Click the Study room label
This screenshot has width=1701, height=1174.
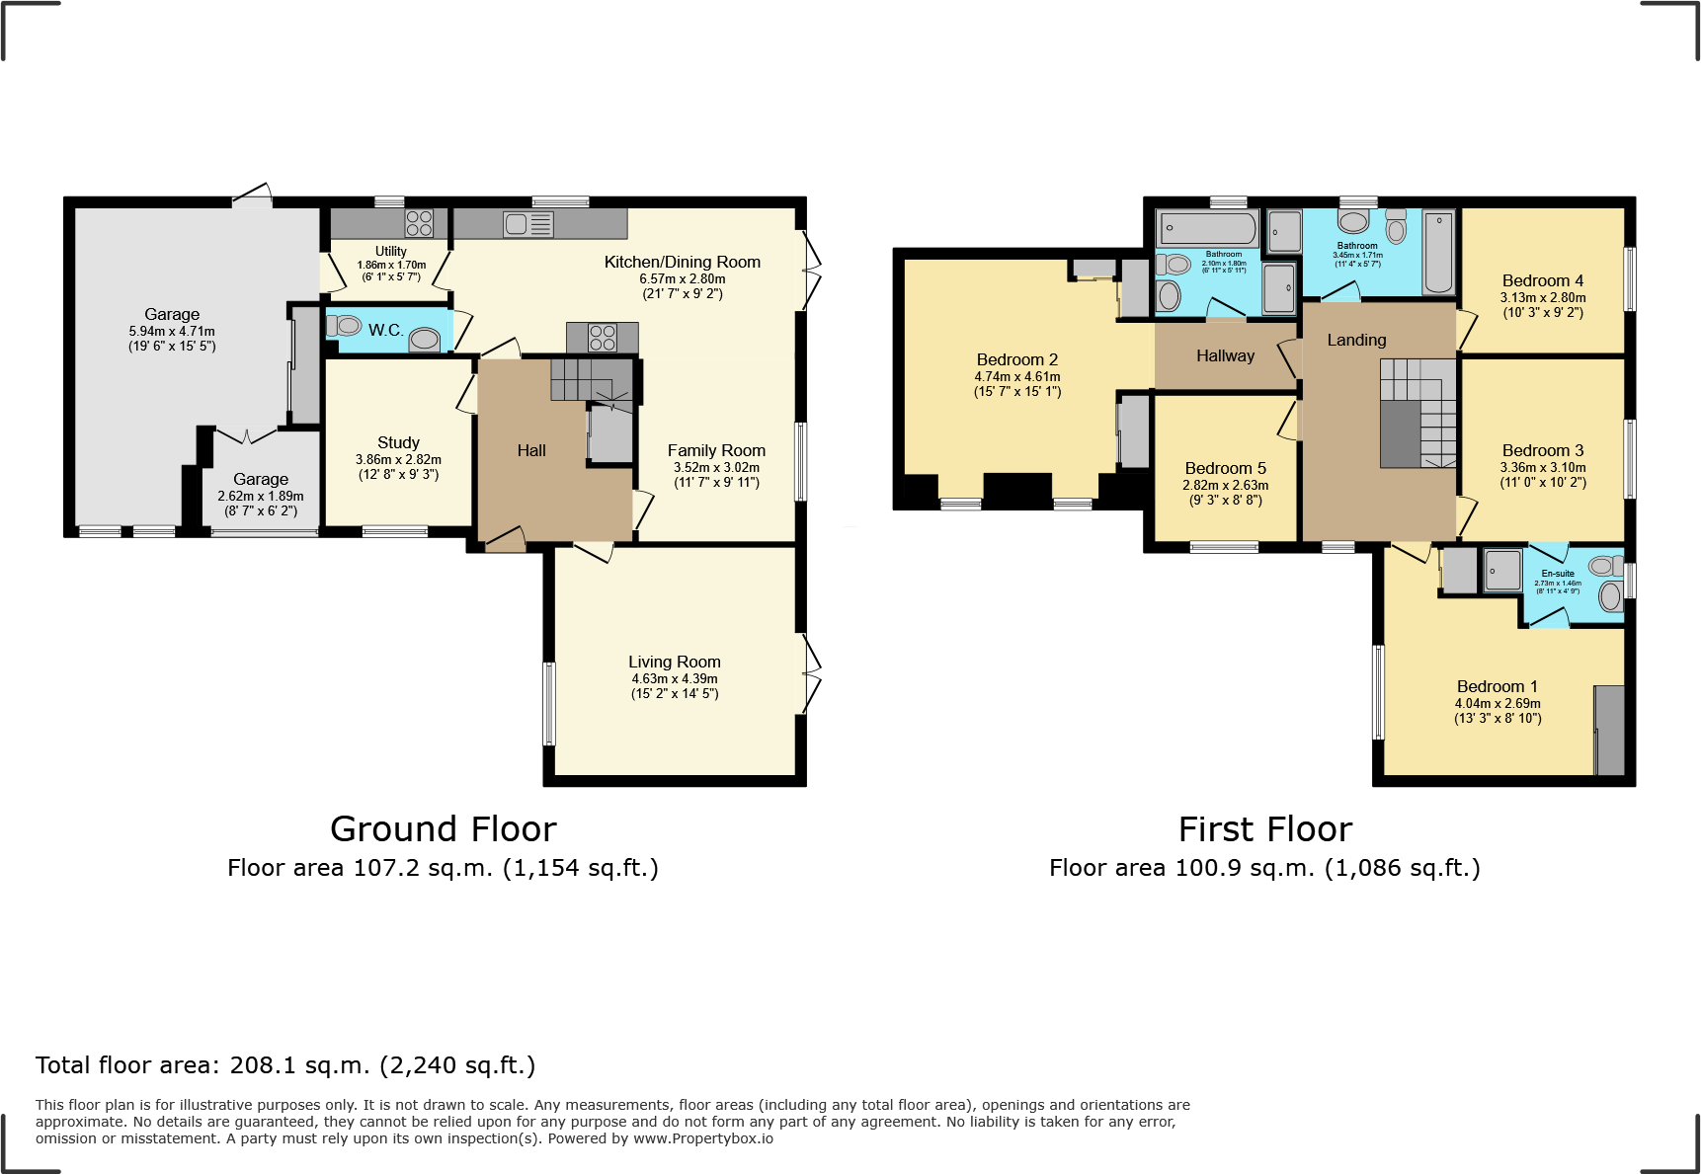(x=398, y=442)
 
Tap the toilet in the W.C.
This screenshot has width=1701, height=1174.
(x=345, y=326)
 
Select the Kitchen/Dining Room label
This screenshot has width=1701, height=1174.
(x=682, y=262)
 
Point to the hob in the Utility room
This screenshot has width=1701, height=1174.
(x=419, y=223)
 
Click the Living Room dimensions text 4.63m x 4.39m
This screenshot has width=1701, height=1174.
(x=675, y=678)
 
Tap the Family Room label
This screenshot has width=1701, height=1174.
(x=716, y=450)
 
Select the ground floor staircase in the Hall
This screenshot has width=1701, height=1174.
(x=591, y=380)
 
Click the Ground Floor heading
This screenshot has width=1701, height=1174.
(x=443, y=828)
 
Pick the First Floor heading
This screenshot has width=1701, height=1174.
(x=1264, y=828)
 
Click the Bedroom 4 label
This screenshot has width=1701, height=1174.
(x=1542, y=280)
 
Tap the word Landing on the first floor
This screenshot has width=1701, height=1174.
(x=1356, y=340)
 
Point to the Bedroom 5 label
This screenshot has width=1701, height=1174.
(x=1225, y=468)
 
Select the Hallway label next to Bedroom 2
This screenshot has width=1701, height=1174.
(x=1225, y=355)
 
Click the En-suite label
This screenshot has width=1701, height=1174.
(x=1558, y=573)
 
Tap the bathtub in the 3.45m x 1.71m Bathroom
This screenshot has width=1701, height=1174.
(x=1438, y=252)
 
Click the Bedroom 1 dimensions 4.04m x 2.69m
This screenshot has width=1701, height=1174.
(x=1498, y=703)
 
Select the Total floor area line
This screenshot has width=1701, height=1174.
(x=285, y=1065)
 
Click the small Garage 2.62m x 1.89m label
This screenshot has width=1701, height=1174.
(x=261, y=479)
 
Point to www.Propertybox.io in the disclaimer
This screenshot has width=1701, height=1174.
(x=702, y=1138)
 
